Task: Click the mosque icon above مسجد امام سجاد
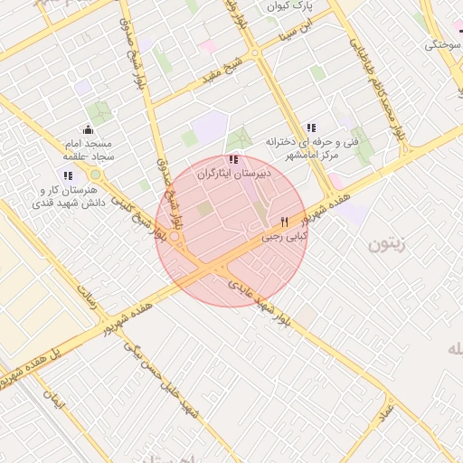(x=88, y=129)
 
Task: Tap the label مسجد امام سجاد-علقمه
(x=88, y=150)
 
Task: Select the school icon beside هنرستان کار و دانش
(x=68, y=175)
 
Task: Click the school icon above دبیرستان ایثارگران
(x=234, y=159)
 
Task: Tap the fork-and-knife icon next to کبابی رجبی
(x=285, y=222)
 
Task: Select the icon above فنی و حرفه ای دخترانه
(x=311, y=128)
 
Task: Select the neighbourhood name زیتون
(x=391, y=243)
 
